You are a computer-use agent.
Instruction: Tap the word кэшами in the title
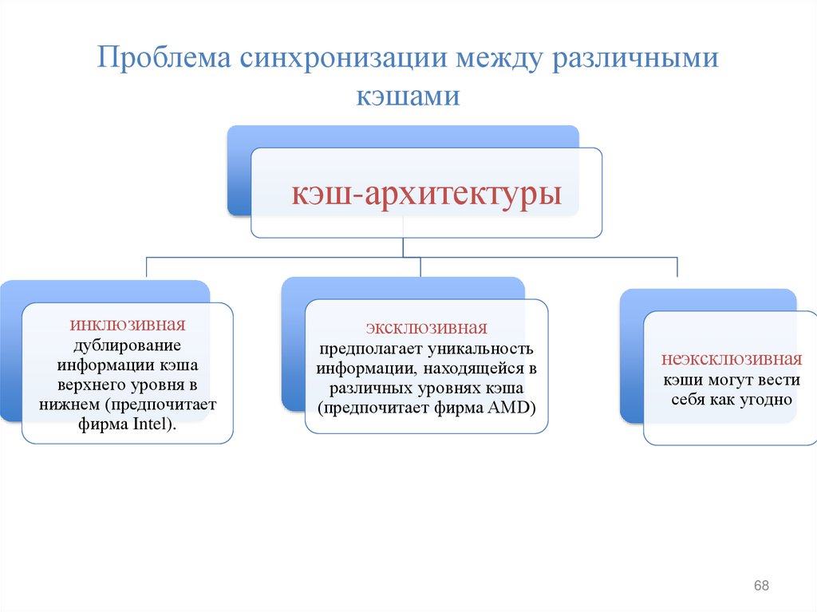[408, 97]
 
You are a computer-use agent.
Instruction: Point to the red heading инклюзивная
[128, 326]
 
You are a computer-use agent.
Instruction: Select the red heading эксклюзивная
[426, 329]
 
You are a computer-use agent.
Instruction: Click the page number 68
[761, 586]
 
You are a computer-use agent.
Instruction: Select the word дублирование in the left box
[128, 345]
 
